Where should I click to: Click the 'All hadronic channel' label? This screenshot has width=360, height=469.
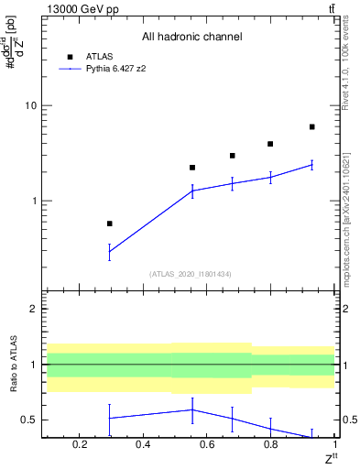pyautogui.click(x=191, y=37)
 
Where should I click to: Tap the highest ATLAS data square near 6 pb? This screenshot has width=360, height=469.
pyautogui.click(x=312, y=127)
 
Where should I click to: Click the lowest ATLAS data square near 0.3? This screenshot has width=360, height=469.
pyautogui.click(x=110, y=224)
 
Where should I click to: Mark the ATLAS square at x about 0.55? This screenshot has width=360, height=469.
pyautogui.click(x=192, y=168)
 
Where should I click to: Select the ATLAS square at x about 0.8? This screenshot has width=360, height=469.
pyautogui.click(x=270, y=144)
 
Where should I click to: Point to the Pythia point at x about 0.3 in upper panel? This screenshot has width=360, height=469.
pyautogui.click(x=110, y=251)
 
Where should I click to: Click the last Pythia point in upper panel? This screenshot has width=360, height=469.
pyautogui.click(x=312, y=165)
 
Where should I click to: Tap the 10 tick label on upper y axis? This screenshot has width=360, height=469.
pyautogui.click(x=30, y=106)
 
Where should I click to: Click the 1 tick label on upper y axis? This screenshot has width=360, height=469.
pyautogui.click(x=33, y=201)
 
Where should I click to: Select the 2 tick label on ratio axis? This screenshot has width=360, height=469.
pyautogui.click(x=33, y=310)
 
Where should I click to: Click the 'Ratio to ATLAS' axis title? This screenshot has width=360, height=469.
pyautogui.click(x=12, y=365)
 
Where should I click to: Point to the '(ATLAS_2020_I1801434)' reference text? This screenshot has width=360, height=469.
pyautogui.click(x=191, y=274)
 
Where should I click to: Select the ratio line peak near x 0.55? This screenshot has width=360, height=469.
pyautogui.click(x=192, y=409)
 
